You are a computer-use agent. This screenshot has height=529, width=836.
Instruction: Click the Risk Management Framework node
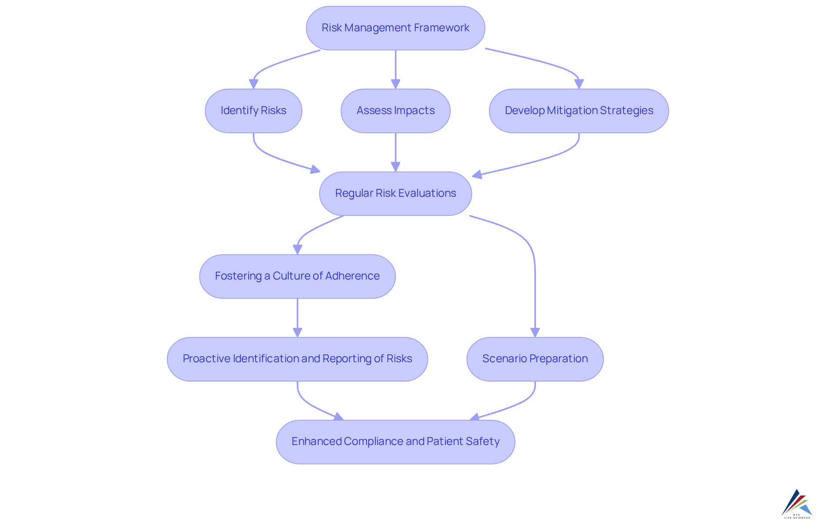tap(395, 28)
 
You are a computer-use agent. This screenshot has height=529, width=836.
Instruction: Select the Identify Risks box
tap(253, 111)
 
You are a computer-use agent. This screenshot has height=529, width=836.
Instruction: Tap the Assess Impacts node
tap(395, 111)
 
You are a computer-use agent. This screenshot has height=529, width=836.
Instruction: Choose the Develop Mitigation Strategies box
tap(579, 111)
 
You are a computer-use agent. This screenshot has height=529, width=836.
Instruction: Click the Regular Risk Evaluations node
tap(395, 193)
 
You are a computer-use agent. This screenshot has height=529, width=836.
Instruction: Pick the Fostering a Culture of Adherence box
tap(297, 276)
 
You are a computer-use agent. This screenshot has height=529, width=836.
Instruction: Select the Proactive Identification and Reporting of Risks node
tap(297, 359)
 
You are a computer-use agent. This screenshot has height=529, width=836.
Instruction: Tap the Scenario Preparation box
tap(535, 359)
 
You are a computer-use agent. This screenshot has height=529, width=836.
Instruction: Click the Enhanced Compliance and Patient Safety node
tap(395, 441)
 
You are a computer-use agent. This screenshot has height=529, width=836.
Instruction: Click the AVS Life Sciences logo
tap(797, 504)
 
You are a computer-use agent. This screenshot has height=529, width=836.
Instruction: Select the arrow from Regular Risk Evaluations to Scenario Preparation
tap(535, 279)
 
